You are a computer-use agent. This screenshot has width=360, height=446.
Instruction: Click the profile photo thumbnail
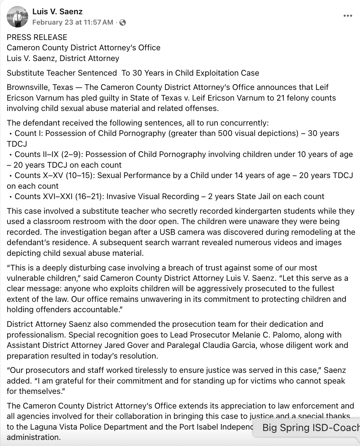(17, 17)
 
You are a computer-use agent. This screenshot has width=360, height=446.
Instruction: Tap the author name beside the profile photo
(57, 11)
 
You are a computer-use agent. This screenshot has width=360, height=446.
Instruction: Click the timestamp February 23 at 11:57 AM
(73, 22)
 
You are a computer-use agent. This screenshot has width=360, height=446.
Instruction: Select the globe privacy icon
(123, 22)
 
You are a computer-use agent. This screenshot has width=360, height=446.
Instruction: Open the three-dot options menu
(348, 16)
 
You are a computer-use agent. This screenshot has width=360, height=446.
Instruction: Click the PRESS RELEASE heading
(37, 37)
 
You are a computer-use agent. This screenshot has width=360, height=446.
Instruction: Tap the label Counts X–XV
(37, 176)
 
